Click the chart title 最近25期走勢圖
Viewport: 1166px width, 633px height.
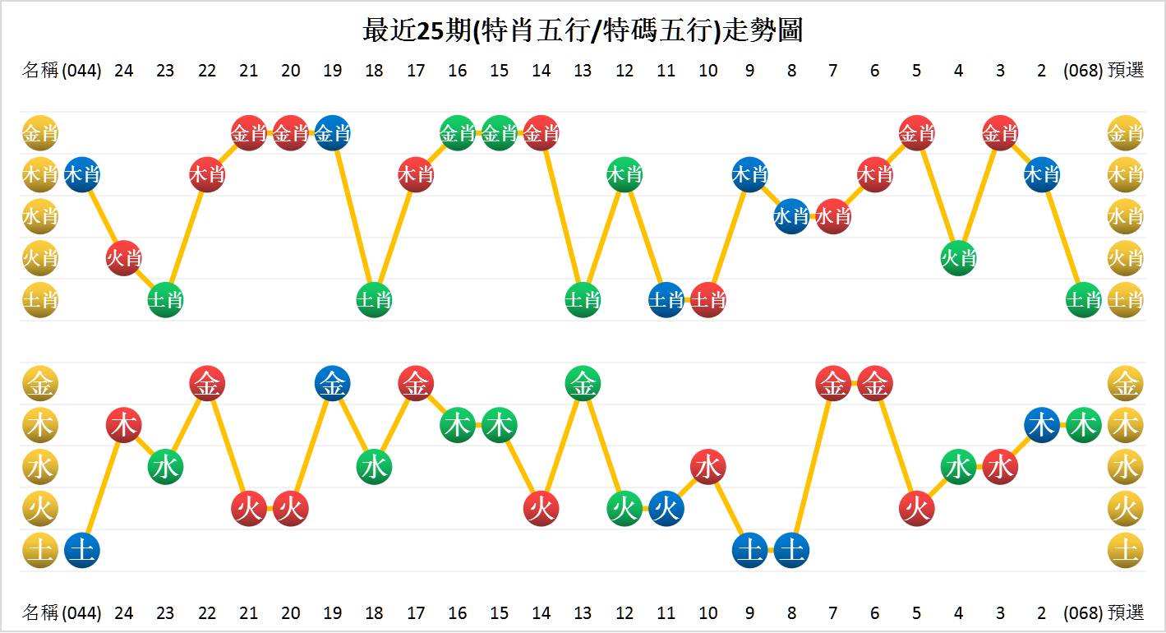point(583,31)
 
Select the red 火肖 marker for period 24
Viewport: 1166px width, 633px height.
point(123,258)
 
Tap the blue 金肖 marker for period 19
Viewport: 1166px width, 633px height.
point(332,132)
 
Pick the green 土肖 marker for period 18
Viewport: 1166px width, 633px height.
point(374,300)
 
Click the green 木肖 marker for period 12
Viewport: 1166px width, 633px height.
point(624,174)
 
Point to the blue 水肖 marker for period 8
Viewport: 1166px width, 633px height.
point(791,216)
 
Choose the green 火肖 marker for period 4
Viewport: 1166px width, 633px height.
point(958,258)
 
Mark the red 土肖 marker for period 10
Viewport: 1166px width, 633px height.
point(707,300)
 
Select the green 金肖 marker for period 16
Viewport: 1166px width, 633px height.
point(458,132)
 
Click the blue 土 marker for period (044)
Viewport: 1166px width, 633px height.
point(82,550)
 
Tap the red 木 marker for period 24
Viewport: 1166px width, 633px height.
point(123,425)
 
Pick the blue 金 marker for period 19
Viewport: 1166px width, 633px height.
point(332,383)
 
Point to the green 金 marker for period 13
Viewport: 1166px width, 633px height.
point(583,383)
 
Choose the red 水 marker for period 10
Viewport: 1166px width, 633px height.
point(707,467)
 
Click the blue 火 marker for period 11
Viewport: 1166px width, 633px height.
point(666,509)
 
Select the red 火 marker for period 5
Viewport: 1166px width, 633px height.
point(916,509)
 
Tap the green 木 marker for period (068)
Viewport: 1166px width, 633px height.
point(1083,425)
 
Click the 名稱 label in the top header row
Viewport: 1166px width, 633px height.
point(40,70)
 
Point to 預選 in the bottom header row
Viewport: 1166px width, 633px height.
point(1126,612)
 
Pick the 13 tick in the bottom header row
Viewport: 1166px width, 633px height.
point(583,612)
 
